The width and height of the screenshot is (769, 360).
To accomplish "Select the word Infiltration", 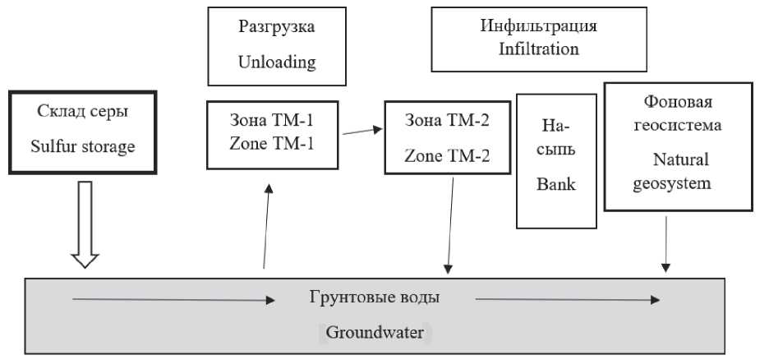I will point(539,48).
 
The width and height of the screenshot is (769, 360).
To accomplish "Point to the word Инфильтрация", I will point(539,26).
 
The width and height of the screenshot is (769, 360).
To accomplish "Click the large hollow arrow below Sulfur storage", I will point(85,222).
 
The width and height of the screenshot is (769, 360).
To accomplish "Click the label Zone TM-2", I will point(447,156).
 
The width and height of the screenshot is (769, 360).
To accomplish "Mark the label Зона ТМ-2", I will point(447,122).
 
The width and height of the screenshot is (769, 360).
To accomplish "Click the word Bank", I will point(555,184).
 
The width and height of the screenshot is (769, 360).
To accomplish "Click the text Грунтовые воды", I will point(376,298).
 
